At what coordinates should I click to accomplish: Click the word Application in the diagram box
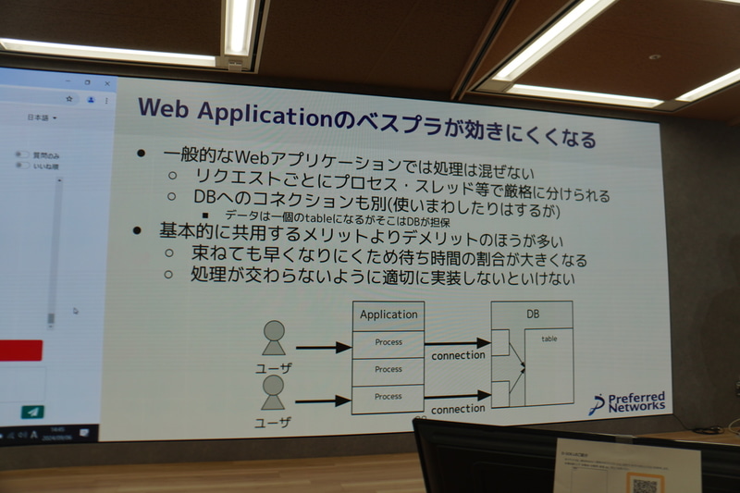tap(388, 314)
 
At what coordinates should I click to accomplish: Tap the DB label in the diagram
tap(533, 314)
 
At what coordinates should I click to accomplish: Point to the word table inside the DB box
tap(549, 339)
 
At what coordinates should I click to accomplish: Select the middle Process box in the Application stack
tap(388, 369)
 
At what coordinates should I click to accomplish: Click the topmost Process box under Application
tap(388, 342)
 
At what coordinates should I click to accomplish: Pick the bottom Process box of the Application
tap(388, 397)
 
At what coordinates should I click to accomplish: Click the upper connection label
tap(458, 355)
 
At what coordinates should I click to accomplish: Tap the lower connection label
tap(458, 408)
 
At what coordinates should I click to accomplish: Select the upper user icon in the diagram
tap(273, 338)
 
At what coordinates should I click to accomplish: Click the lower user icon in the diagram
tap(273, 391)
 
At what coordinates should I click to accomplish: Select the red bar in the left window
tap(20, 351)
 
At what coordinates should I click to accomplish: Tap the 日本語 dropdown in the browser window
tap(42, 118)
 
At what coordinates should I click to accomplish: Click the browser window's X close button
tap(106, 82)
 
